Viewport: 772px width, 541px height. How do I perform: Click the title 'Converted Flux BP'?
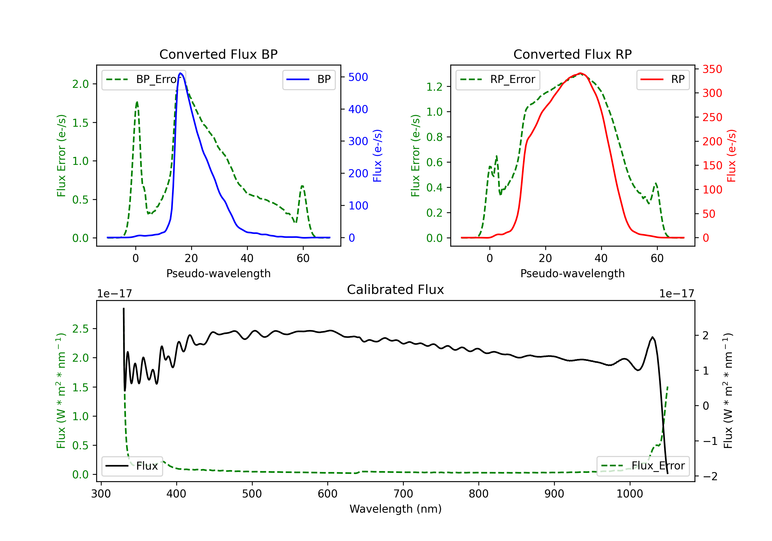coord(218,54)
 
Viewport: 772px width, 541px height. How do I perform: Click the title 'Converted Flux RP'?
coord(572,54)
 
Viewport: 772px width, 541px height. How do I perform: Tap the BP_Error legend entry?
coord(144,79)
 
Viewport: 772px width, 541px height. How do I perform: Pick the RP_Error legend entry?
coord(498,79)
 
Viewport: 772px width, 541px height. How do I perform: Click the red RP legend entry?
coord(663,79)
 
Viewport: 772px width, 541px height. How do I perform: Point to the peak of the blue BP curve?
coord(181,73)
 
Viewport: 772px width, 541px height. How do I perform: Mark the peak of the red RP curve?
coord(580,73)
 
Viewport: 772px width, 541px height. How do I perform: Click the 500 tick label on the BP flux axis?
coord(358,77)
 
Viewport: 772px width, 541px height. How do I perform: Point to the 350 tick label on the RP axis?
coord(712,69)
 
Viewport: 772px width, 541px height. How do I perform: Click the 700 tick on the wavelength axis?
coord(403,494)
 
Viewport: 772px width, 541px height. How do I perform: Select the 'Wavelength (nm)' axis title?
coord(396,509)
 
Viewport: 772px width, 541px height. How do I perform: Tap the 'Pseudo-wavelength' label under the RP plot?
coord(572,273)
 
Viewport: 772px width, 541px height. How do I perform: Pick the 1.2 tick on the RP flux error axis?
coord(434,87)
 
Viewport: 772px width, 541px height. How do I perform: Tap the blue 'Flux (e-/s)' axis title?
coord(377,156)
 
